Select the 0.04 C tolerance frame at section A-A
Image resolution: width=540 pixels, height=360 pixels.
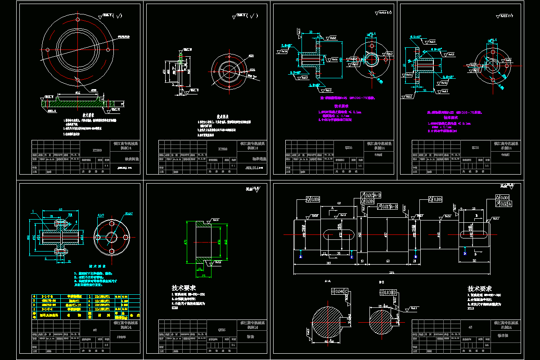pyautogui.click(x=338, y=291)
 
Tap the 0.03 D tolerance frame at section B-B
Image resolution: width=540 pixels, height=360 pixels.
pyautogui.click(x=390, y=293)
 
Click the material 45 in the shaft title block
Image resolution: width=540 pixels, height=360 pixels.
pyautogui.click(x=470, y=328)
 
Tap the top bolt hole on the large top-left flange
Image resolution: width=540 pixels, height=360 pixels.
pyautogui.click(x=77, y=20)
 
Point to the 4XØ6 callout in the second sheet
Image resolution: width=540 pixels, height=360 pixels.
pyautogui.click(x=252, y=70)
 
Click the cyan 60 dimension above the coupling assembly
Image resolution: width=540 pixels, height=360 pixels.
pyautogui.click(x=60, y=209)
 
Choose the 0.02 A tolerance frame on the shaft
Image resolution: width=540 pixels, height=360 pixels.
pyautogui.click(x=504, y=204)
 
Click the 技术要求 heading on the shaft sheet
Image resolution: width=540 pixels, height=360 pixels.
pyautogui.click(x=480, y=288)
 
